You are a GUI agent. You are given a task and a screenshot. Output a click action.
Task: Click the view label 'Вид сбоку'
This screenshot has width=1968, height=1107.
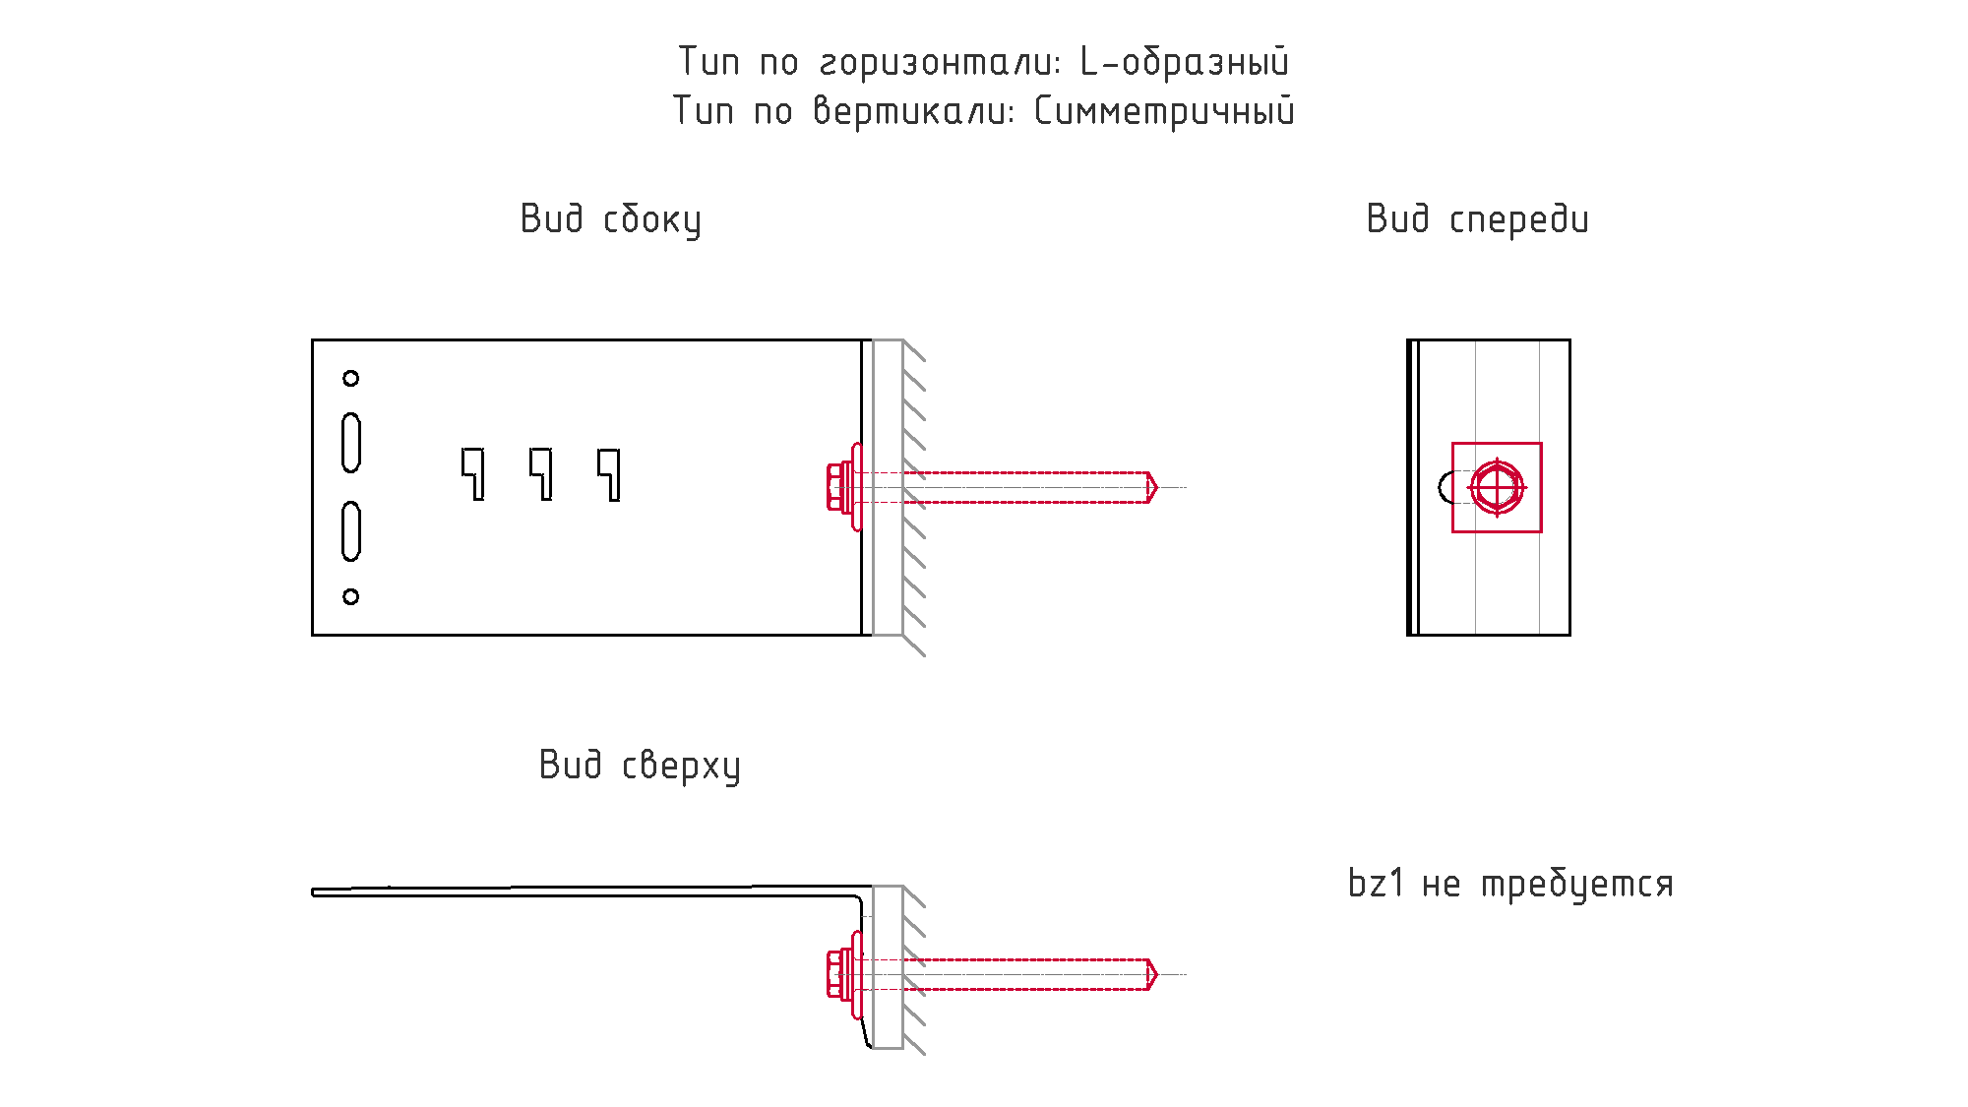click(611, 219)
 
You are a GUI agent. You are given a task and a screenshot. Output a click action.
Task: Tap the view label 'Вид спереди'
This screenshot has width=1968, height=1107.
click(1477, 219)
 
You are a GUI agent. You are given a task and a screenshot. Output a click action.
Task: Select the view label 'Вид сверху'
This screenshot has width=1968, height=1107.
click(640, 766)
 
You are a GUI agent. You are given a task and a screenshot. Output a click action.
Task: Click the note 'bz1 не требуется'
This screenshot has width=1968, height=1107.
click(1510, 884)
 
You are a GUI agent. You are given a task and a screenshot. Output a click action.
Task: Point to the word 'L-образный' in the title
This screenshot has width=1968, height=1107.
click(1185, 62)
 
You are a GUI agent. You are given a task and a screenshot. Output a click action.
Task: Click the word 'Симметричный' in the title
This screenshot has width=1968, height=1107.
click(1164, 111)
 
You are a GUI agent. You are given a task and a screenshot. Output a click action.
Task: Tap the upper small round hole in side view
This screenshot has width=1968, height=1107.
click(351, 378)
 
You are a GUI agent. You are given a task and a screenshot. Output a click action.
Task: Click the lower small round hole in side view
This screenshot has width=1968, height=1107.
click(351, 596)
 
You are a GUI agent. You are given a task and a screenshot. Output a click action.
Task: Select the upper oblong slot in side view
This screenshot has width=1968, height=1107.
click(351, 443)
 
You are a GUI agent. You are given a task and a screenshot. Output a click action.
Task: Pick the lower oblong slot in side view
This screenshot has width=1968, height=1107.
click(351, 531)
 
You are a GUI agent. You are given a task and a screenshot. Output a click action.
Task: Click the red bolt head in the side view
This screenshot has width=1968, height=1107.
click(839, 487)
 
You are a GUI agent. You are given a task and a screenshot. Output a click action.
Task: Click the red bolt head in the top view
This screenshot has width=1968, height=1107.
click(839, 974)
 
